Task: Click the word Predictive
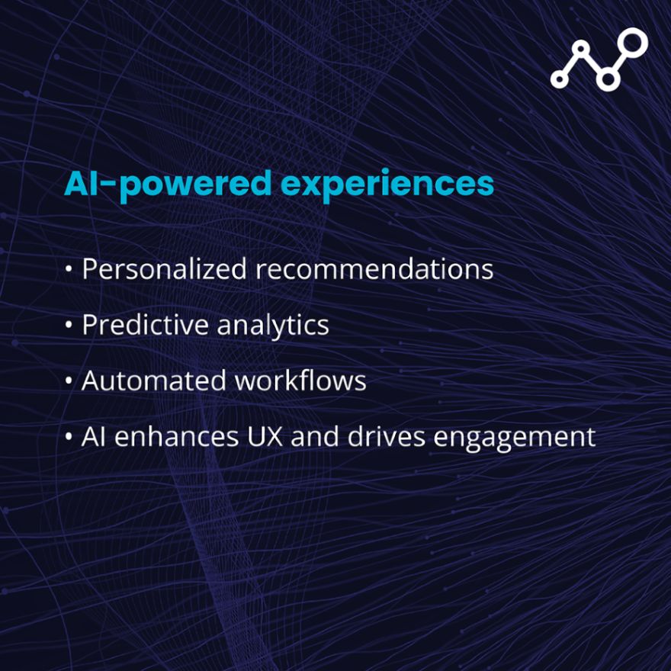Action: (145, 324)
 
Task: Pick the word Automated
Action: (153, 380)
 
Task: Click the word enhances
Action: (176, 436)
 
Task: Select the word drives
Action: (386, 436)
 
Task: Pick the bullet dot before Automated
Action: (69, 380)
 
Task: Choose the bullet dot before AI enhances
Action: (69, 437)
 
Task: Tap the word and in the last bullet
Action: (315, 436)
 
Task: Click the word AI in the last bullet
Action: (93, 437)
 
